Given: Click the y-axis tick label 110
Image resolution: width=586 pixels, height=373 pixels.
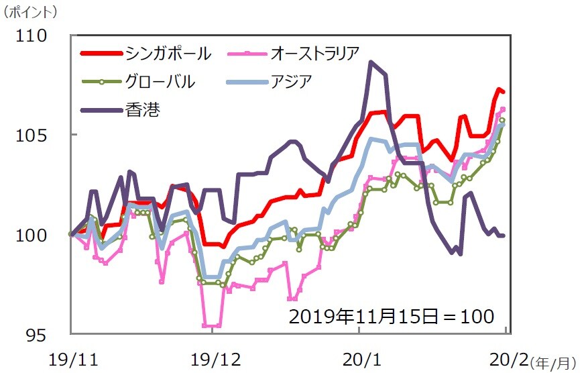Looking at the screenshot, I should (33, 35).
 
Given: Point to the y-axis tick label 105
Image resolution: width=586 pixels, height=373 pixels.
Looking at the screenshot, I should (33, 135).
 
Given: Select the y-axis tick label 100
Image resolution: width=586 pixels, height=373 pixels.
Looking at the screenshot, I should (33, 235).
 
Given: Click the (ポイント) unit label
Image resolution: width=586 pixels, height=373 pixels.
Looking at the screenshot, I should (32, 11).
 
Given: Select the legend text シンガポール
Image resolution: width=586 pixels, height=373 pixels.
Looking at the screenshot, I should (168, 53).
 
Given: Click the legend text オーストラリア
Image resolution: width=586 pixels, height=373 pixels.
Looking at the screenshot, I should (315, 53).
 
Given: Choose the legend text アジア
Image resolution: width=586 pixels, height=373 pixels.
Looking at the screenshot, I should (292, 82).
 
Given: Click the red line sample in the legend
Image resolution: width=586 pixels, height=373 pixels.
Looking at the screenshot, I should (101, 53).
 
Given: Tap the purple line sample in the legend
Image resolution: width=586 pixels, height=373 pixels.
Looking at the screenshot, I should (101, 109).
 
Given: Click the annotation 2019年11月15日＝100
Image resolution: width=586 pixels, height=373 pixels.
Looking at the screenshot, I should (392, 316).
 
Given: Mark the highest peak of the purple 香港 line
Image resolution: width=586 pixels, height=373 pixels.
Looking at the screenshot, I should (371, 62).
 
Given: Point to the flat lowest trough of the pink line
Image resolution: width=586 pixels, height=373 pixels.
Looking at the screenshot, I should (212, 325).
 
